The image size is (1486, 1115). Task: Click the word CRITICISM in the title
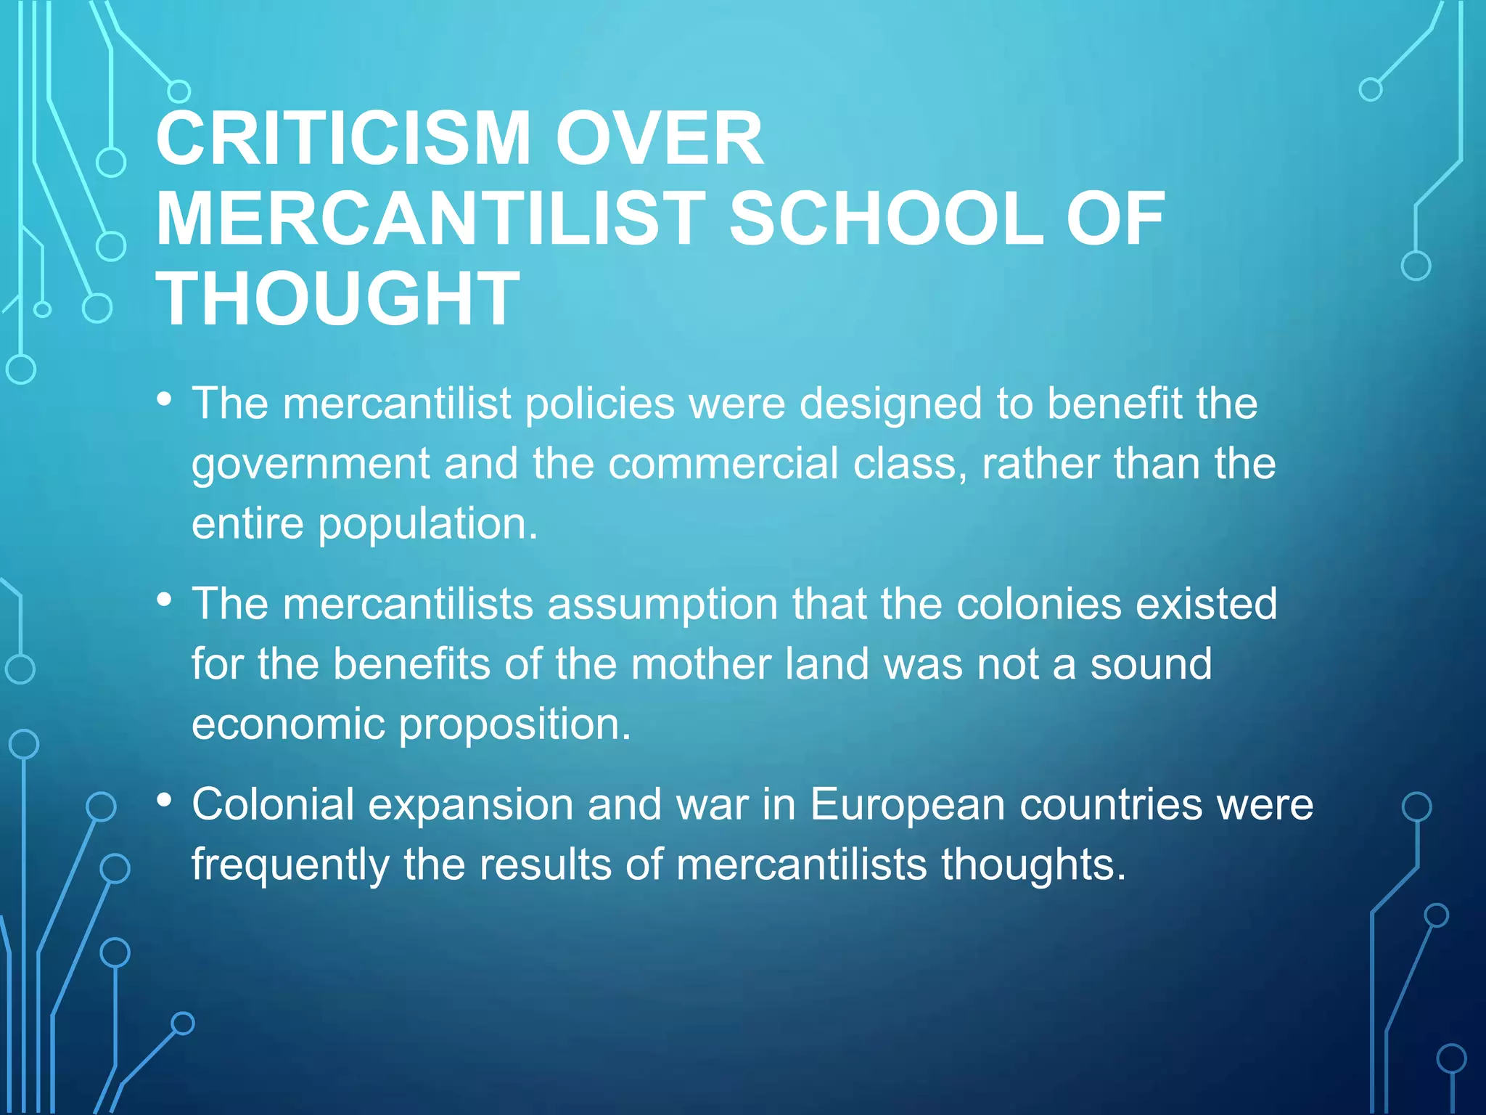(x=343, y=139)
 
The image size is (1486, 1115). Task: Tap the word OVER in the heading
(x=659, y=139)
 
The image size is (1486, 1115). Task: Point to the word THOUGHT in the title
(x=338, y=298)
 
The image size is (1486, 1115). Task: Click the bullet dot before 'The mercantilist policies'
(x=165, y=399)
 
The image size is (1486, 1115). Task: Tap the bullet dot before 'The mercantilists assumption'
(x=165, y=600)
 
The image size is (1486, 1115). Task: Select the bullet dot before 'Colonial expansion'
(x=165, y=800)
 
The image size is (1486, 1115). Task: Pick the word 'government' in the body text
(x=311, y=465)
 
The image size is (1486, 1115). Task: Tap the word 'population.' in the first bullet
(x=428, y=525)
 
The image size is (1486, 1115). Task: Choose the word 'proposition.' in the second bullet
(x=515, y=725)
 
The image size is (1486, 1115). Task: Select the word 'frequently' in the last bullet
(x=290, y=865)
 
